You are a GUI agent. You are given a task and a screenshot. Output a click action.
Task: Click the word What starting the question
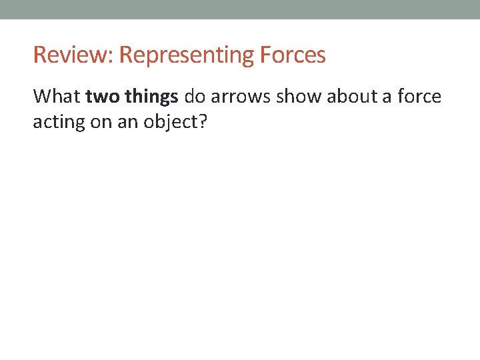[x=57, y=97]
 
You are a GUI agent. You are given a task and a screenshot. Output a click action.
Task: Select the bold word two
[x=102, y=97]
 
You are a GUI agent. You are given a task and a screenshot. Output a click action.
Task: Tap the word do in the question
[x=194, y=97]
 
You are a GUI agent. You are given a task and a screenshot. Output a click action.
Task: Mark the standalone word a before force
[x=387, y=97]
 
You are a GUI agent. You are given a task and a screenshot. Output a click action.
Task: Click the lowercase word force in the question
[x=419, y=97]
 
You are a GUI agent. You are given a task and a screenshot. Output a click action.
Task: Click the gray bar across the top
[x=240, y=9]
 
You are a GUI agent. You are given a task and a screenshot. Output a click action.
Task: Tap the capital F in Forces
[x=264, y=55]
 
